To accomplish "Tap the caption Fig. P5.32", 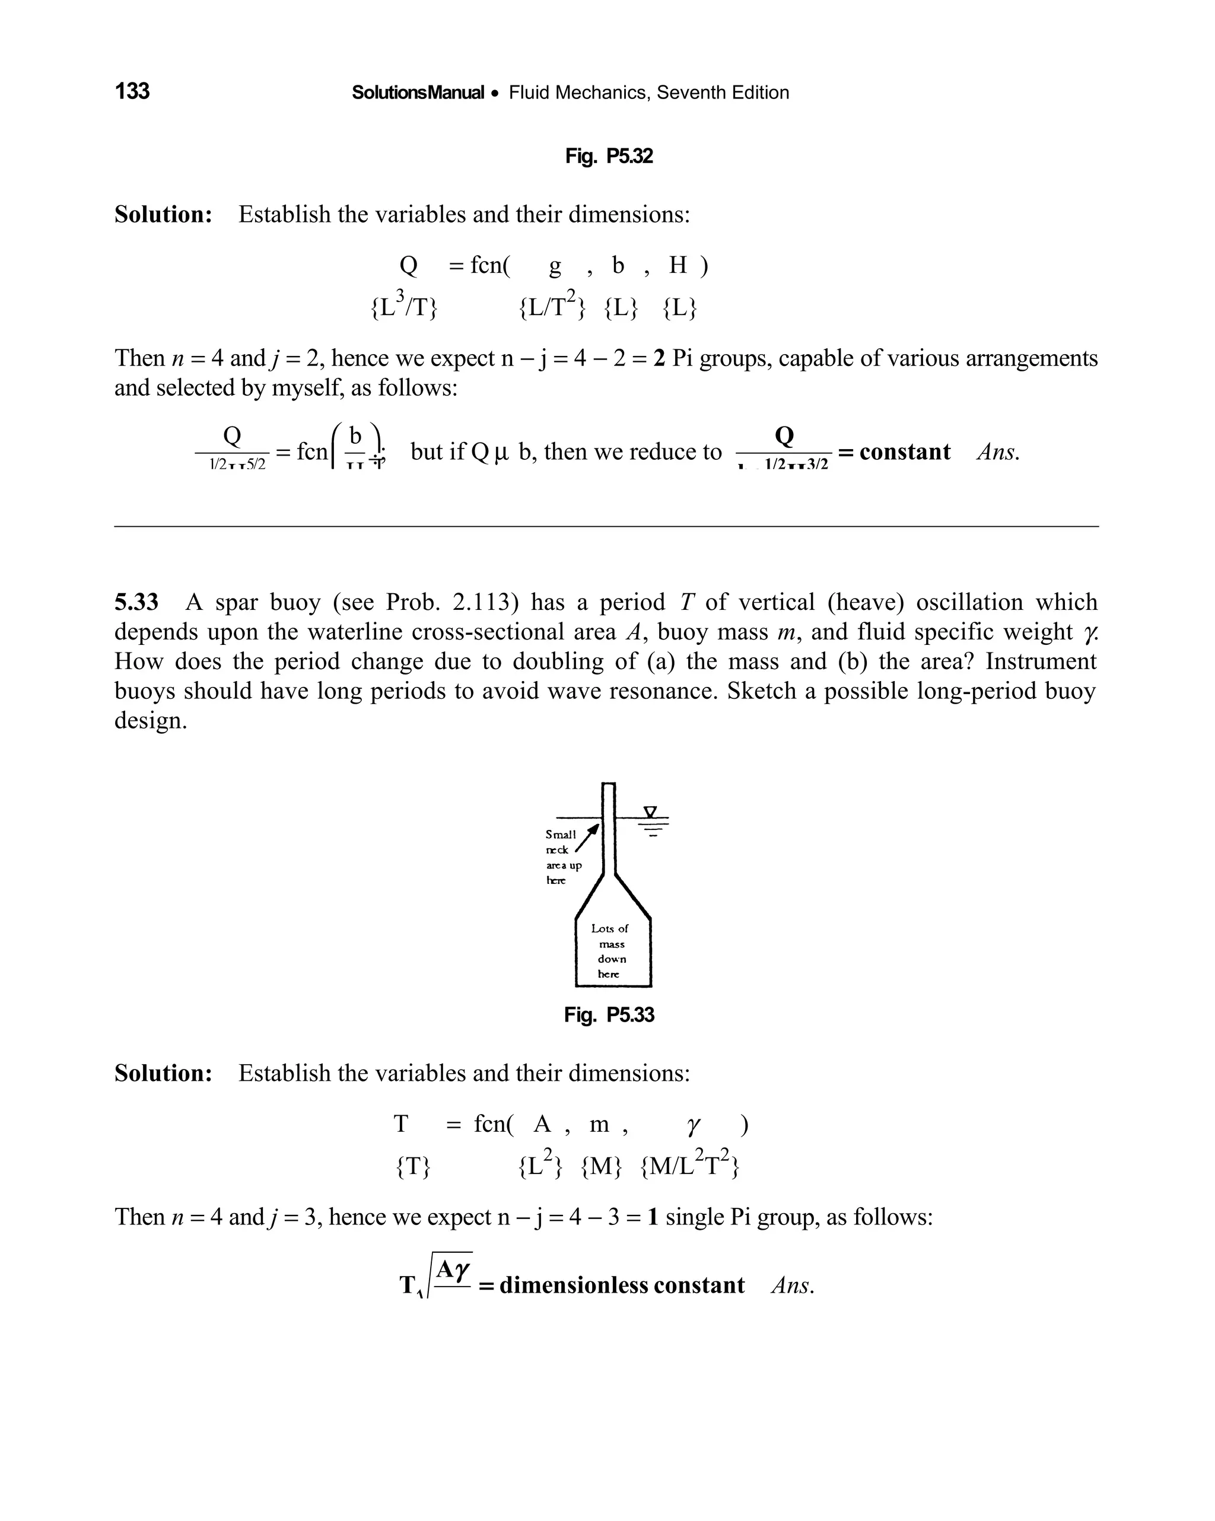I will [608, 156].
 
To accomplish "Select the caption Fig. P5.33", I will [608, 1014].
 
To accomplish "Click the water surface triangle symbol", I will [651, 812].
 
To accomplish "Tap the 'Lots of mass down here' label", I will [610, 951].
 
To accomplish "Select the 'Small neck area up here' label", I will [562, 857].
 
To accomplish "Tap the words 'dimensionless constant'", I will [622, 1285].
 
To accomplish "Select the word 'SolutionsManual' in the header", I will [418, 93].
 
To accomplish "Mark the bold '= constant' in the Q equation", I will [894, 451].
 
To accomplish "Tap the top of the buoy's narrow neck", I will [608, 784].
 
